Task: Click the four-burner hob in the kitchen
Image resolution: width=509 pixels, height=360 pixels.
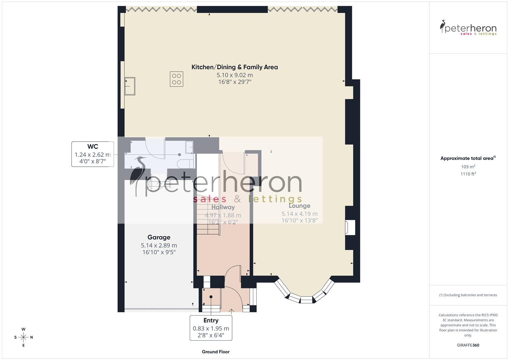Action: tap(176, 79)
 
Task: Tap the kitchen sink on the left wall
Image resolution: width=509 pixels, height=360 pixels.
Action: tap(130, 86)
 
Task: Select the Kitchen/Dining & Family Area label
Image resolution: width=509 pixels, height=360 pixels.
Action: tap(234, 67)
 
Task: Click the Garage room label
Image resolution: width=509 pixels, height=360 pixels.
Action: tap(159, 237)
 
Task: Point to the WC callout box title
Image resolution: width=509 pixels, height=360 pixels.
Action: tap(93, 147)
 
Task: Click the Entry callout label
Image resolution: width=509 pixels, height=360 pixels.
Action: tap(211, 320)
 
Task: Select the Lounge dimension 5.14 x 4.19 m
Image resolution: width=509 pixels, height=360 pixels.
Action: tap(299, 214)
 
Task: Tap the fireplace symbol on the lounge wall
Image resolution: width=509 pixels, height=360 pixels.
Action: tap(350, 228)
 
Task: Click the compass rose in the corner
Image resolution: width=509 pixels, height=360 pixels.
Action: tap(23, 337)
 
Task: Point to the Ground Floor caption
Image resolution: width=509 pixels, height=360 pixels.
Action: tap(215, 352)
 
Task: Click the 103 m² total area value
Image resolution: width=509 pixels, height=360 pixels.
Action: tap(468, 167)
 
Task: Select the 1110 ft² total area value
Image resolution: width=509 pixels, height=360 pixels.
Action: tap(468, 174)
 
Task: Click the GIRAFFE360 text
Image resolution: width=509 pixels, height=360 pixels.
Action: tap(468, 345)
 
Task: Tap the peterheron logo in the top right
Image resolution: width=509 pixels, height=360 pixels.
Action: tap(468, 28)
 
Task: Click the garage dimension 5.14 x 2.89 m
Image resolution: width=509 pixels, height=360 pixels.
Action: tap(159, 246)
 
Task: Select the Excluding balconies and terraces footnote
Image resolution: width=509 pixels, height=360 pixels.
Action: tap(468, 295)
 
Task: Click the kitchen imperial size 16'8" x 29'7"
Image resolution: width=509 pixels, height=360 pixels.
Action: tap(234, 82)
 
